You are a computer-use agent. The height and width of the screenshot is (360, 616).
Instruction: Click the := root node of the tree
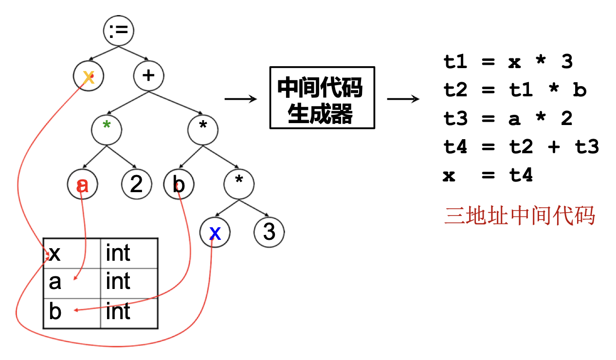(x=119, y=31)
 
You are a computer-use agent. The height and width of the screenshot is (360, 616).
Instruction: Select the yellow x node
(x=88, y=76)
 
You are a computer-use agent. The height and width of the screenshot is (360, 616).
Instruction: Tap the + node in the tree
(x=148, y=76)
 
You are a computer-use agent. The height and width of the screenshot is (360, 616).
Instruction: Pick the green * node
(x=107, y=130)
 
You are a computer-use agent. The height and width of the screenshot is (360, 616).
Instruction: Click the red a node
(x=83, y=184)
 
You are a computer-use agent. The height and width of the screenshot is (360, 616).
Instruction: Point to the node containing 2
(x=137, y=184)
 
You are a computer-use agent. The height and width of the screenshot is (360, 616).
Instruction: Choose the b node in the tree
(x=179, y=184)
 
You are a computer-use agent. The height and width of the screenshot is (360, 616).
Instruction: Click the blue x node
(x=215, y=233)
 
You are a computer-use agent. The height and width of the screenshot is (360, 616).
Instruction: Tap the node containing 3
(x=269, y=233)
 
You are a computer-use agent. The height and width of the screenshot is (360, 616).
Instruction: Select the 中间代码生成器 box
(x=322, y=97)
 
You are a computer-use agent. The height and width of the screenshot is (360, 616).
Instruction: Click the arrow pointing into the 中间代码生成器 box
(x=241, y=99)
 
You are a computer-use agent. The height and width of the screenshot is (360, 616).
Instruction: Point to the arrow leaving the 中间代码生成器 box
(x=403, y=99)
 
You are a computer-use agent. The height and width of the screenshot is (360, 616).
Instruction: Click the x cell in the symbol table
(x=72, y=253)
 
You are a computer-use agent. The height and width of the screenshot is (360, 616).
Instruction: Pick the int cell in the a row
(x=129, y=283)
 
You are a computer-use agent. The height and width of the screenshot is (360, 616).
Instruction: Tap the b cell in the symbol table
(x=72, y=313)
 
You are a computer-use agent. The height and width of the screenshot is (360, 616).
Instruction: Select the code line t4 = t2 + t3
(x=521, y=146)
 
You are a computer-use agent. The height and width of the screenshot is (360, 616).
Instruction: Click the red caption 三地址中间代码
(x=520, y=216)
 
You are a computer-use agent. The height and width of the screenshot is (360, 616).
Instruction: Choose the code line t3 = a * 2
(x=508, y=118)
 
